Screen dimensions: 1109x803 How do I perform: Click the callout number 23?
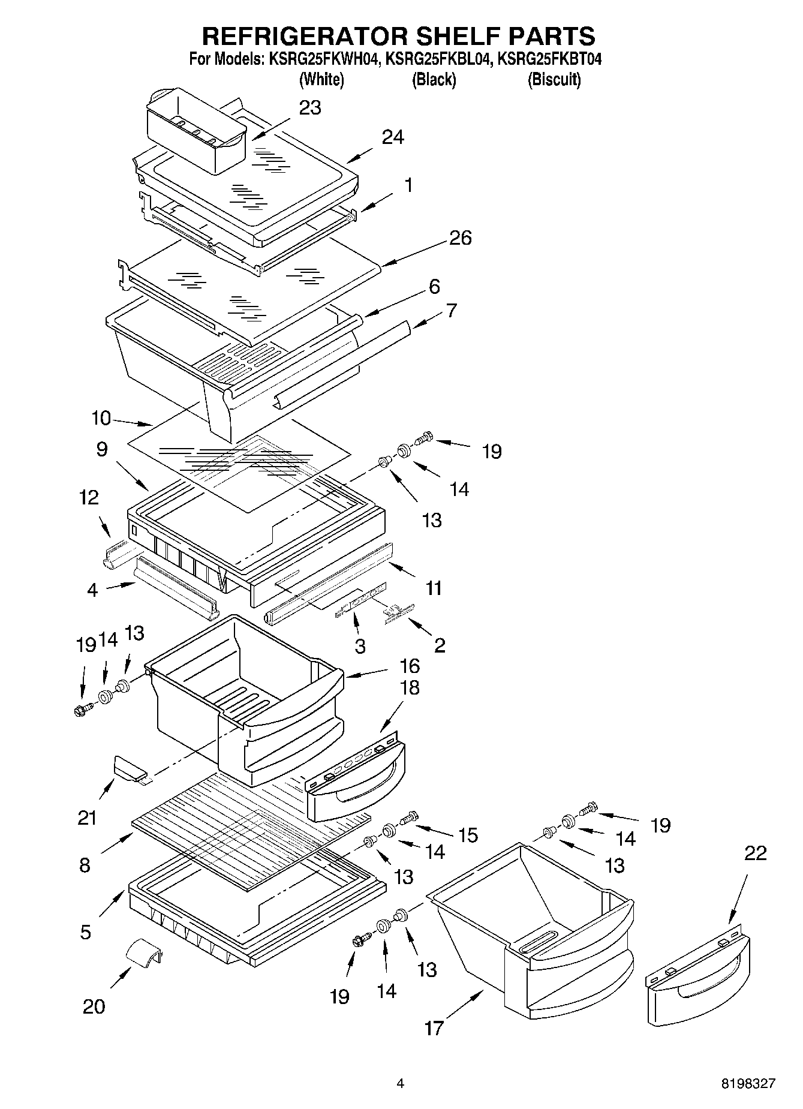[310, 108]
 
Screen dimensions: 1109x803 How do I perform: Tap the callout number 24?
[393, 137]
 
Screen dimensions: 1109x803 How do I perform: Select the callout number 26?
[460, 238]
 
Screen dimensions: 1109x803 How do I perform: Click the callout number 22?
[755, 853]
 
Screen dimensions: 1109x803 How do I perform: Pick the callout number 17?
[434, 1028]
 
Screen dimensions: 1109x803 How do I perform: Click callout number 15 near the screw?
[468, 835]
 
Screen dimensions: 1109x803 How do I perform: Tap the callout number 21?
[87, 817]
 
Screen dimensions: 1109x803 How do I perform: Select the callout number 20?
[94, 1006]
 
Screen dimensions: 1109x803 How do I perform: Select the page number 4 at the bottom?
[401, 1084]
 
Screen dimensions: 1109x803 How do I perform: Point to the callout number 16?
[410, 666]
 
